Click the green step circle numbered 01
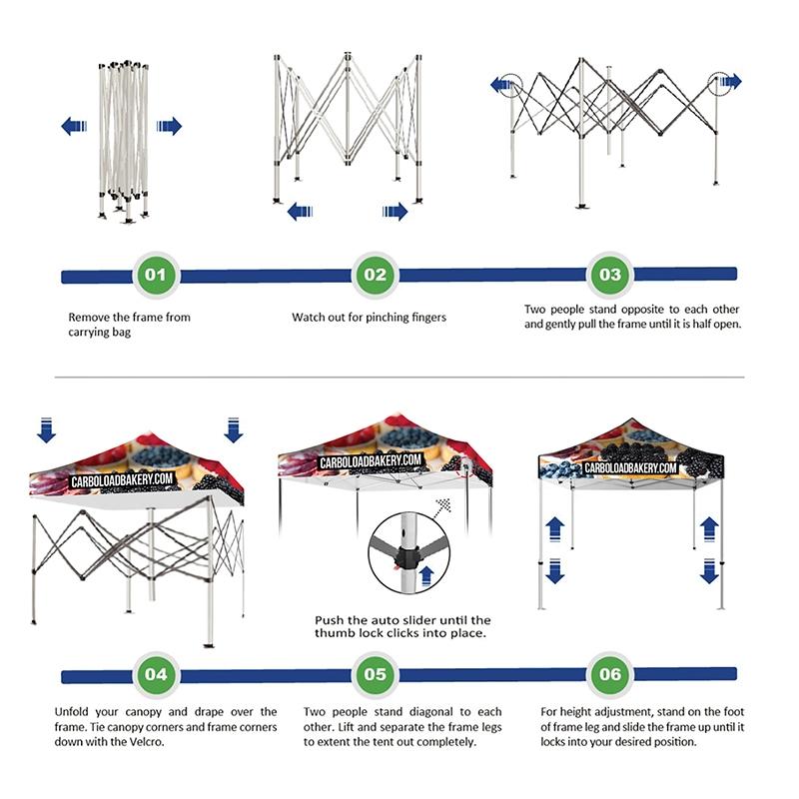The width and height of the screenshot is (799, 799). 154,275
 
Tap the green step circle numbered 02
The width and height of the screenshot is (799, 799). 375,275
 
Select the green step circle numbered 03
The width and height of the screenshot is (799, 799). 609,275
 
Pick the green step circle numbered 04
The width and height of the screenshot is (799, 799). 156,674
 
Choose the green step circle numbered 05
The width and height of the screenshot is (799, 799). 375,674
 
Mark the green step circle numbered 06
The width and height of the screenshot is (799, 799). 609,674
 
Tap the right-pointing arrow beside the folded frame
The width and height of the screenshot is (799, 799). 170,126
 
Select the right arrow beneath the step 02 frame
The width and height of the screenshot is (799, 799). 396,211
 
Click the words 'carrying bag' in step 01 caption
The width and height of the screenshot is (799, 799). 100,333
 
